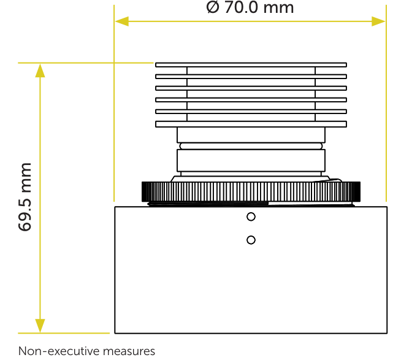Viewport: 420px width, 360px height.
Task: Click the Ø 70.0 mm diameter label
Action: (x=250, y=7)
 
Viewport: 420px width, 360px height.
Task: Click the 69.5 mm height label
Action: (x=25, y=197)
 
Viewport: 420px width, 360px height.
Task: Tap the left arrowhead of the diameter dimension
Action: (x=121, y=21)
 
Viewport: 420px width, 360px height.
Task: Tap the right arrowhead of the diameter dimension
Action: (x=378, y=21)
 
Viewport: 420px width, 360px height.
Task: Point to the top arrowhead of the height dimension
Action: (x=40, y=71)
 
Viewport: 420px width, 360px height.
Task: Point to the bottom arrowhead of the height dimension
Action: (x=40, y=326)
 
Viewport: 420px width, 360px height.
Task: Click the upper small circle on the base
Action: (x=251, y=216)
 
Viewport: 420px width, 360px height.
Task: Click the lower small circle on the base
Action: (x=251, y=240)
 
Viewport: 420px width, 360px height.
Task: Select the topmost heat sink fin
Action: (x=251, y=65)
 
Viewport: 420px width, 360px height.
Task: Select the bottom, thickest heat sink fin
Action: (x=251, y=124)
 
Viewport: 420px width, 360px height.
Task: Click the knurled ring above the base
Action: (x=251, y=191)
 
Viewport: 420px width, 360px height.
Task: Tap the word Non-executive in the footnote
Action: (x=56, y=351)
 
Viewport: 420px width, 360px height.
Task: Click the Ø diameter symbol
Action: (x=213, y=7)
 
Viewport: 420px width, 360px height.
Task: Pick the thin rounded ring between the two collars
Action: (x=251, y=146)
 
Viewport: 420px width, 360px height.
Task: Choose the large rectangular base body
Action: (x=251, y=270)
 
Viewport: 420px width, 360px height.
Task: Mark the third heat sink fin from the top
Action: (x=251, y=88)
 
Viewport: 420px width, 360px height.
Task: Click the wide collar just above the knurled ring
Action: (x=251, y=161)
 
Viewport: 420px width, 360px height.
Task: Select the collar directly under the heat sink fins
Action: (x=251, y=135)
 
